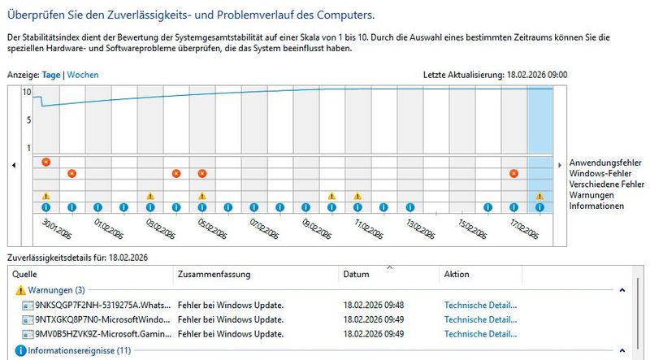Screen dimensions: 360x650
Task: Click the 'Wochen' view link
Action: coord(83,75)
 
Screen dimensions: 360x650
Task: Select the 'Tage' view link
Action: coord(52,75)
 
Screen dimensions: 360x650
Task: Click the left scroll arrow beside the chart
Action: coord(13,165)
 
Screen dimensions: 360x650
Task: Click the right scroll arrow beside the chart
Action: coord(560,165)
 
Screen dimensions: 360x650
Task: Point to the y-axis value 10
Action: coord(27,93)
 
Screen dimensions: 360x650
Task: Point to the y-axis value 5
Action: coord(28,120)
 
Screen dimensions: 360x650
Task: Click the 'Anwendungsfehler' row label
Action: coord(606,163)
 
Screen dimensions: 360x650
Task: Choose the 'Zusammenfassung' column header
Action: coord(214,275)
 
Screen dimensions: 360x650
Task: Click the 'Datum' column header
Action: coord(357,275)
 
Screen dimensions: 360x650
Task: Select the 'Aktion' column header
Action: coord(457,275)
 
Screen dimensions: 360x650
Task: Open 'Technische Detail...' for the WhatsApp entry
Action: coord(480,306)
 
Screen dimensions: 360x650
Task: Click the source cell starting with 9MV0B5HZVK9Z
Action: coord(103,334)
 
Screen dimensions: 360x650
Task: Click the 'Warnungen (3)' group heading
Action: coord(56,290)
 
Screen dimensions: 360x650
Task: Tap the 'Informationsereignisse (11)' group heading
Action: coord(79,351)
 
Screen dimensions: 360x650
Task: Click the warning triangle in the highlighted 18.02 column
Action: coord(539,196)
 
